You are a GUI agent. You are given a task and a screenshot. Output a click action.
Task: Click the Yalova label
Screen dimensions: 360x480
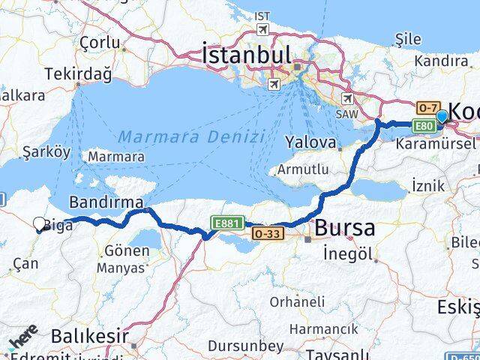(310, 142)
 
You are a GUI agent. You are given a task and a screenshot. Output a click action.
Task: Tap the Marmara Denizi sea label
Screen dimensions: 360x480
(191, 136)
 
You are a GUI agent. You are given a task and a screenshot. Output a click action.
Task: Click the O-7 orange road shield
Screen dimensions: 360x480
(428, 108)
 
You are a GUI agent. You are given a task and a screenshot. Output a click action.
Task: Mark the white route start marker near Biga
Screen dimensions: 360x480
(40, 223)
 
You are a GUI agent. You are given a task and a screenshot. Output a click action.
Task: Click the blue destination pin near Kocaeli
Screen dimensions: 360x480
(442, 116)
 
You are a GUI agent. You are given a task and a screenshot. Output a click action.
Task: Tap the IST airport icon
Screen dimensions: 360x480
(262, 29)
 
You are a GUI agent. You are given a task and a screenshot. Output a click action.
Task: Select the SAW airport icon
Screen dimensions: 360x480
(347, 98)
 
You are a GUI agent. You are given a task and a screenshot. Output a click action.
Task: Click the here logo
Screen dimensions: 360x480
(22, 337)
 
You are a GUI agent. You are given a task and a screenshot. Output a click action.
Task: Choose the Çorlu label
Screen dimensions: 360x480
(100, 43)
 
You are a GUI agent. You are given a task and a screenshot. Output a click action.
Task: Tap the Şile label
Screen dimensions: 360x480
(408, 39)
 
